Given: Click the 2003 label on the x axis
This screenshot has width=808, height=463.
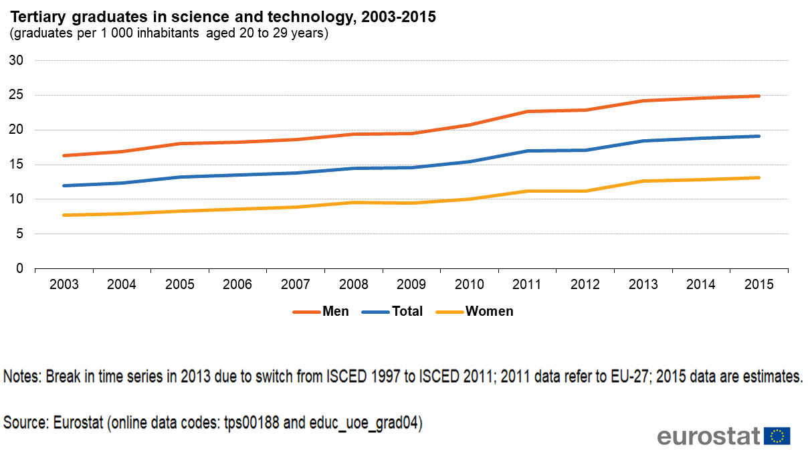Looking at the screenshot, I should pyautogui.click(x=64, y=284).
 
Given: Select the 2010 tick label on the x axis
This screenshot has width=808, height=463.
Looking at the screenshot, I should pyautogui.click(x=469, y=284).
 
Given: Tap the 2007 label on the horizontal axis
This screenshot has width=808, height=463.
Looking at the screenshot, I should pyautogui.click(x=295, y=284).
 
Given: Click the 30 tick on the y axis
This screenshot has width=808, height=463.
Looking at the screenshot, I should pyautogui.click(x=17, y=61).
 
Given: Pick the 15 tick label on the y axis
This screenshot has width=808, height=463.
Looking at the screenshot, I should pyautogui.click(x=17, y=165).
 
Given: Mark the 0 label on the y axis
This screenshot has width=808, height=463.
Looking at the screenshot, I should pyautogui.click(x=20, y=268).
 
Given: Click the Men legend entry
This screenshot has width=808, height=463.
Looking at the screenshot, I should pyautogui.click(x=335, y=311).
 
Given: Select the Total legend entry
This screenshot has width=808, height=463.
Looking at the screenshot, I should pyautogui.click(x=407, y=311).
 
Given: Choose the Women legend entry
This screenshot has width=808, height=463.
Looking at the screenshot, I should pyautogui.click(x=489, y=311).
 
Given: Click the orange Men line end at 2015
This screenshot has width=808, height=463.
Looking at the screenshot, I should pyautogui.click(x=758, y=96).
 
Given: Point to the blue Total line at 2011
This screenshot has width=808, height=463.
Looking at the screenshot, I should pyautogui.click(x=527, y=151).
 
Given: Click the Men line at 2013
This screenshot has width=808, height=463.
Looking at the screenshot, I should pyautogui.click(x=642, y=101).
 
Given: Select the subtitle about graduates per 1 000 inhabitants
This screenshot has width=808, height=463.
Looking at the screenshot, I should pyautogui.click(x=169, y=33).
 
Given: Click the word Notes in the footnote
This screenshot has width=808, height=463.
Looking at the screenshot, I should pyautogui.click(x=22, y=376).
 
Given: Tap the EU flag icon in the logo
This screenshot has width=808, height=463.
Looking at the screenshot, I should pyautogui.click(x=777, y=436).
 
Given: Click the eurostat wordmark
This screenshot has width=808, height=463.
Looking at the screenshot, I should pyautogui.click(x=709, y=436).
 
